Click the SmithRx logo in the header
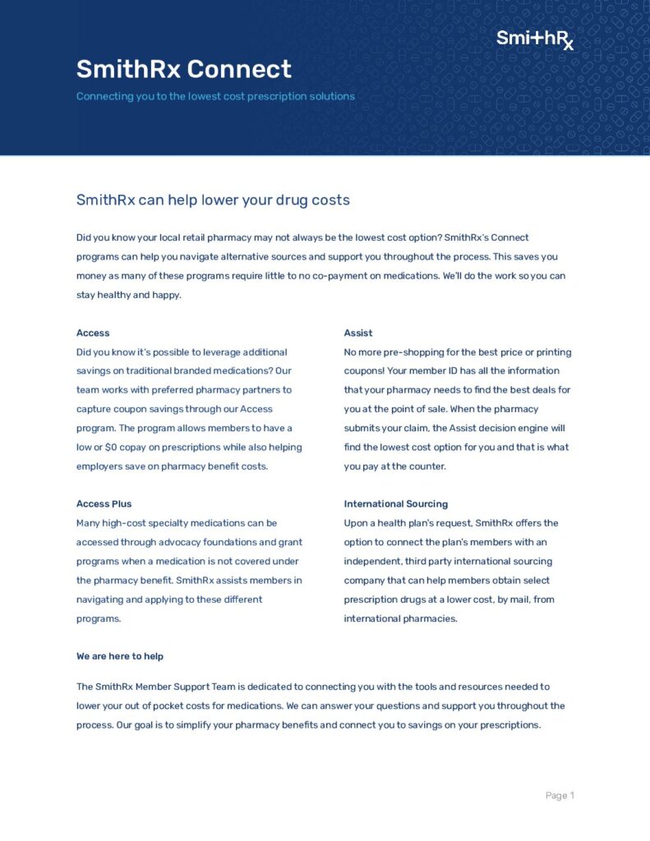[x=535, y=39]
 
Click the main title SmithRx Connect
[x=183, y=69]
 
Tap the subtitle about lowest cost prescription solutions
[x=215, y=96]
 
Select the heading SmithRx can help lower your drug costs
[x=213, y=200]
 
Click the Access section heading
[x=93, y=333]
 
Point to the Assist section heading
[x=357, y=333]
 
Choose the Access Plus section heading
[x=104, y=503]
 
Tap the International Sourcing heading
[x=395, y=503]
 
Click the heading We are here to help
[x=120, y=656]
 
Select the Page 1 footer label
[x=560, y=795]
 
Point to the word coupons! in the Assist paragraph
[x=364, y=370]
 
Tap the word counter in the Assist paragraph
[x=426, y=466]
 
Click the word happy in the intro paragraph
[x=165, y=295]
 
